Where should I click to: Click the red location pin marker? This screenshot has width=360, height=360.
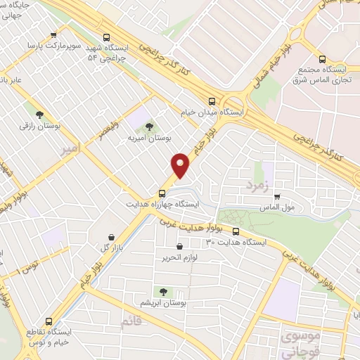click(x=181, y=165)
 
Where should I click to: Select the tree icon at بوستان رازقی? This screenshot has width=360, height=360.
click(x=39, y=115)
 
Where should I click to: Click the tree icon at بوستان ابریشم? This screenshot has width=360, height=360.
click(x=163, y=292)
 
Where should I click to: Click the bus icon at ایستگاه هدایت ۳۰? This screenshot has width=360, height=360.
click(x=236, y=231)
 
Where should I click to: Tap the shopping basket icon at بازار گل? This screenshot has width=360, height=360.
click(x=112, y=238)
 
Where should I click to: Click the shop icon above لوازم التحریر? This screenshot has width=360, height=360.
click(x=180, y=247)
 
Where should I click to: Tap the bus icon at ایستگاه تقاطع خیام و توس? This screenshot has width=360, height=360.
click(x=49, y=319)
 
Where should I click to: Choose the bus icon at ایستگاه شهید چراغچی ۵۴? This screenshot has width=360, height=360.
click(x=106, y=38)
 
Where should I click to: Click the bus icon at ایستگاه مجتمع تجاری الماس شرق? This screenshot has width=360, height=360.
click(x=323, y=59)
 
